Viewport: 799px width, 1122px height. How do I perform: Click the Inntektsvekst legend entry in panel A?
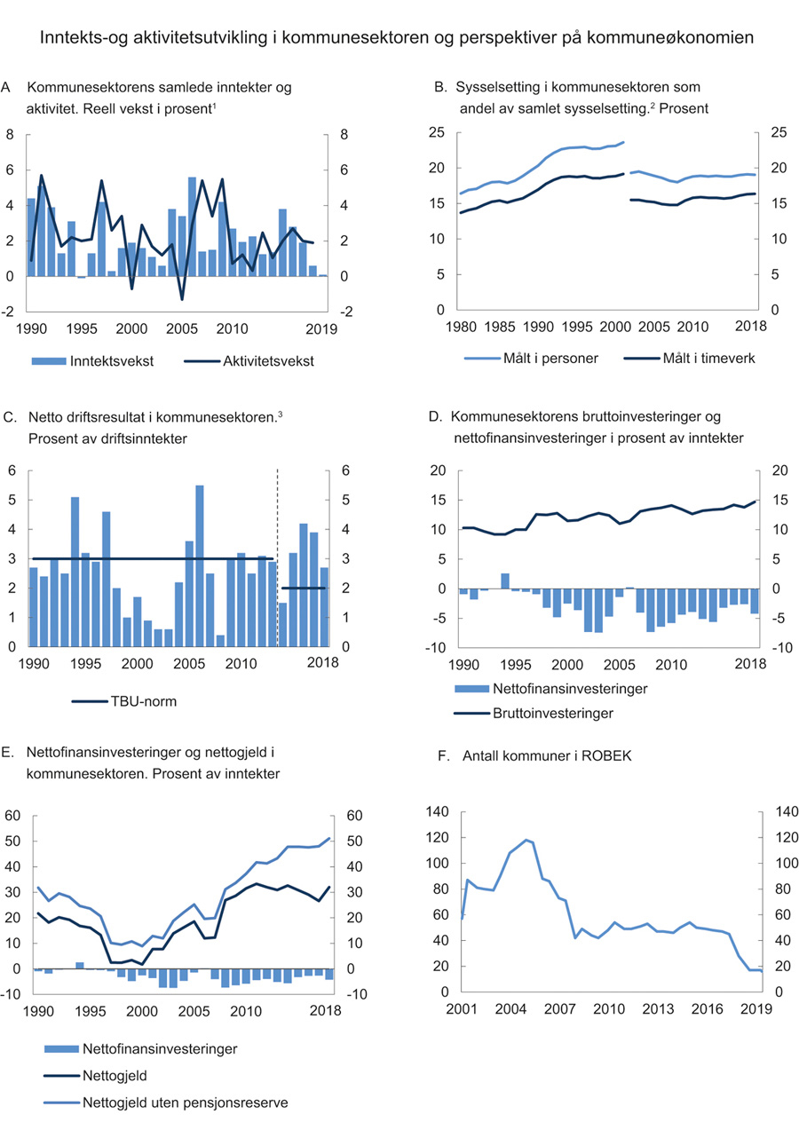pos(94,360)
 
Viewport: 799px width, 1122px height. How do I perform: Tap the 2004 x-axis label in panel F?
pos(510,1009)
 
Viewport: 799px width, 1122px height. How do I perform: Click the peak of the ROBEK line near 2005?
pos(526,840)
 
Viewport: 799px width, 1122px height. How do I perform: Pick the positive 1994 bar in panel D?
pos(504,581)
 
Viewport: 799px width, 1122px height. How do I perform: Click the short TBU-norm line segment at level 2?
pos(304,588)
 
